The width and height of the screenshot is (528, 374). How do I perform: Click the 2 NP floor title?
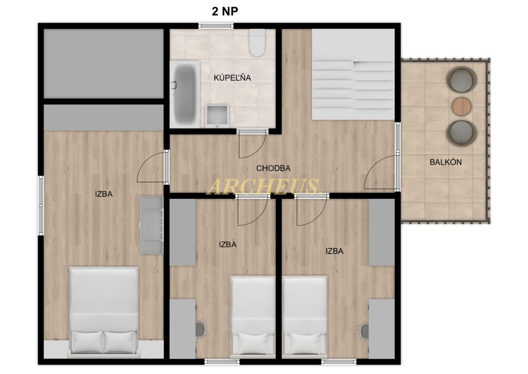click(x=225, y=11)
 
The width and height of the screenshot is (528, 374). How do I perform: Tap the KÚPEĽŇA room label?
click(x=233, y=77)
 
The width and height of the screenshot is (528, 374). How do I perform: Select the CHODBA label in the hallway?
click(x=273, y=168)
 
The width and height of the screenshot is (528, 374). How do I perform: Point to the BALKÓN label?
click(x=445, y=162)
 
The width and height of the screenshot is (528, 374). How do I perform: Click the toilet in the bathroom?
click(x=258, y=42)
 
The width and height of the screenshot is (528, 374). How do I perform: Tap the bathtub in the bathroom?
click(x=185, y=94)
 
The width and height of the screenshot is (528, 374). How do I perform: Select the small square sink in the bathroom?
click(x=217, y=116)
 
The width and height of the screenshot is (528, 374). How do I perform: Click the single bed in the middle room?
click(x=253, y=316)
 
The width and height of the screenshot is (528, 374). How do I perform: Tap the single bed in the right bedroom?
click(x=305, y=316)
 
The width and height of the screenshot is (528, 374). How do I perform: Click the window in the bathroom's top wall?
click(x=216, y=26)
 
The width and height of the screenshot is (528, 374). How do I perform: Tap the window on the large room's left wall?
click(x=41, y=206)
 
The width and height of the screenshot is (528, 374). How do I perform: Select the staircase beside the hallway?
click(x=353, y=74)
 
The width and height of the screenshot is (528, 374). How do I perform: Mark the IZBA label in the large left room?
click(x=104, y=194)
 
